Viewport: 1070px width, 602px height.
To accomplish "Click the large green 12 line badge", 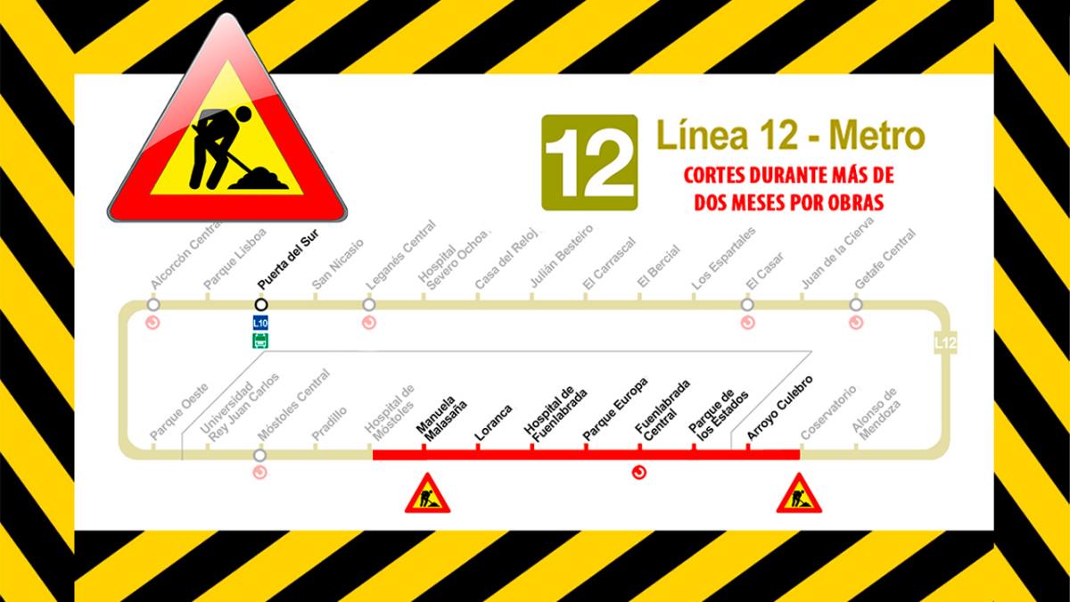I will click(589, 162).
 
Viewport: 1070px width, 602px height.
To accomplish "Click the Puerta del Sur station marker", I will click(261, 304).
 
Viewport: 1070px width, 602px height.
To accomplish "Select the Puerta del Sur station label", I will click(286, 260).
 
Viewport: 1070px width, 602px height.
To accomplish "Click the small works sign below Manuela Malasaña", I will click(427, 494).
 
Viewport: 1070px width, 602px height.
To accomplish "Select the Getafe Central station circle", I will click(856, 304).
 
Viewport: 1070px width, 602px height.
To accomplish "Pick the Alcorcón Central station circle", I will click(153, 304).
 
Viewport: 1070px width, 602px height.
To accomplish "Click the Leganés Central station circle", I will click(369, 304).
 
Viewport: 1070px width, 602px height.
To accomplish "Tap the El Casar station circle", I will click(748, 304).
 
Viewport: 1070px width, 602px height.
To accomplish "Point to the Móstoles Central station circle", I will click(259, 455).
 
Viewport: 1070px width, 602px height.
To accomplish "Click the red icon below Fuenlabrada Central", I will click(638, 473).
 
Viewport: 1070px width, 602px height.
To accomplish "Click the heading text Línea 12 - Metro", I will click(790, 136).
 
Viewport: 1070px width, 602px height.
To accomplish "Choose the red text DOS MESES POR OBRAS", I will click(789, 202).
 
